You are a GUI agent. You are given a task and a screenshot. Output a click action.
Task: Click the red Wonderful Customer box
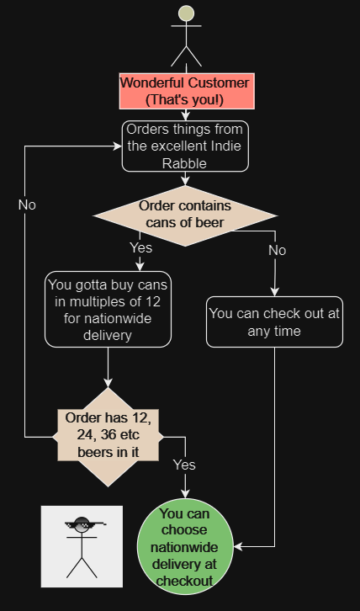pos(187,91)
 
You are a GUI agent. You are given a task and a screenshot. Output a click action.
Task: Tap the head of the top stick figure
pos(186,13)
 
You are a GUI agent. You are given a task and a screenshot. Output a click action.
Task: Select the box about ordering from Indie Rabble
pos(185,146)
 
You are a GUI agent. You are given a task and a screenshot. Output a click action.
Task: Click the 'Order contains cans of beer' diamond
pos(185,215)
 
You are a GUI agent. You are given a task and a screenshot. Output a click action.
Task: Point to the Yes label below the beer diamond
pos(141,247)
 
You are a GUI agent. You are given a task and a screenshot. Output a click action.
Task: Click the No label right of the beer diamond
pos(277,251)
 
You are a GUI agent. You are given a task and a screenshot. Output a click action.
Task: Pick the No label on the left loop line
pos(27,205)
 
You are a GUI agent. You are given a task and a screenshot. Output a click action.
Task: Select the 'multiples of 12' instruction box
pos(108,309)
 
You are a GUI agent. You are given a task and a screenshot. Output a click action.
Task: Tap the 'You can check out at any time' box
pos(274,321)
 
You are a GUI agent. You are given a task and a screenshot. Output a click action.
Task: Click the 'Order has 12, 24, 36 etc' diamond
pos(108,437)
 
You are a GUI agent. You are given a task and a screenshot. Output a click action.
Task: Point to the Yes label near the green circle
pos(184,465)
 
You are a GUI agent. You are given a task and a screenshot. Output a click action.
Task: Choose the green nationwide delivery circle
pos(185,547)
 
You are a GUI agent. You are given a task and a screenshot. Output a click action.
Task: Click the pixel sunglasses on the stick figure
pos(84,525)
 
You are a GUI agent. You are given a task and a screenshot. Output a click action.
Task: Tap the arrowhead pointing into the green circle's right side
pos(238,547)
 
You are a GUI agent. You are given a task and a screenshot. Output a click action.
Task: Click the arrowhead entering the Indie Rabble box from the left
pos(118,146)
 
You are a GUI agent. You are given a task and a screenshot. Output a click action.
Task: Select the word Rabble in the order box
pos(184,163)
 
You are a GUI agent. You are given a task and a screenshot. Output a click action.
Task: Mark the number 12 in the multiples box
pos(154,302)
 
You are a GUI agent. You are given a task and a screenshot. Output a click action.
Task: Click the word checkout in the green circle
pos(185,581)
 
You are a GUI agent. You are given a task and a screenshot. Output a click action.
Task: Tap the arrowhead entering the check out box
pos(275,292)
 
